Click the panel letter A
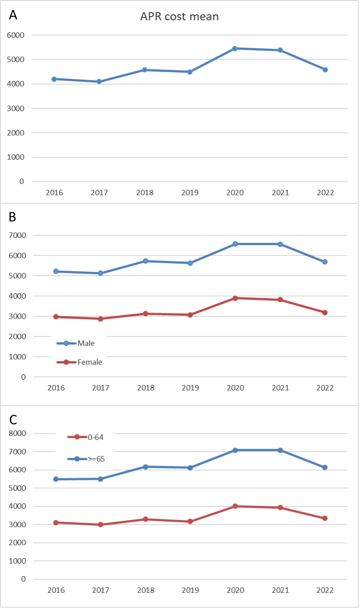point(13,15)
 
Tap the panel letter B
point(13,217)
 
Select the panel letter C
point(13,419)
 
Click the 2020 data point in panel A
point(235,48)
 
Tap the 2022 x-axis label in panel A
point(325,193)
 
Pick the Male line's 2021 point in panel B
point(280,244)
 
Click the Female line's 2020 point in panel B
point(235,298)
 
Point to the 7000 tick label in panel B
point(16,235)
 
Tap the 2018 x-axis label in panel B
point(145,388)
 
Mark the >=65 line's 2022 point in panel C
point(325,467)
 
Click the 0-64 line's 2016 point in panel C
point(55,522)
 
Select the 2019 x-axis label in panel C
point(190,590)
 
